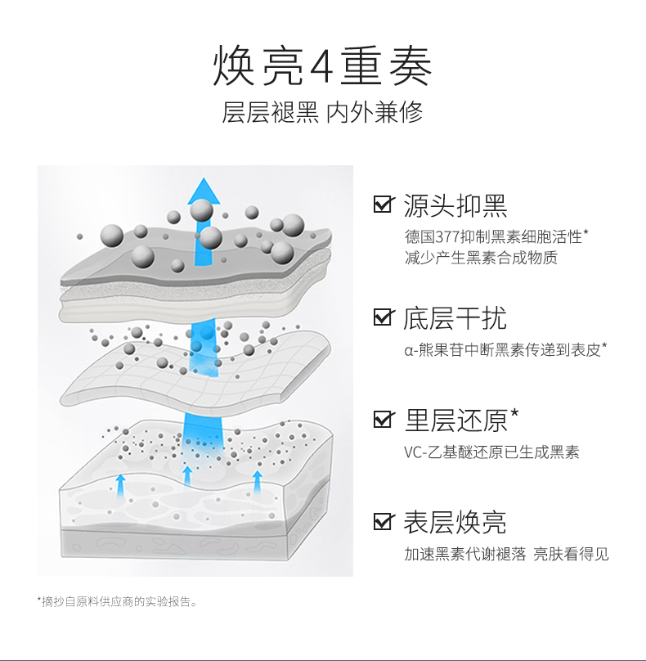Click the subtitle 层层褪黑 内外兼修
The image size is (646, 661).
click(322, 113)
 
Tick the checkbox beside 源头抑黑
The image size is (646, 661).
click(382, 205)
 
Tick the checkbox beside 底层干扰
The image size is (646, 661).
click(382, 317)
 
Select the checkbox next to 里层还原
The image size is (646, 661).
click(382, 420)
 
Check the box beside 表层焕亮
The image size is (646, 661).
click(382, 521)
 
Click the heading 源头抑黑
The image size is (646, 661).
click(455, 205)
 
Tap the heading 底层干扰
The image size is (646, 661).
click(455, 317)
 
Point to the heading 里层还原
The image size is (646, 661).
click(455, 420)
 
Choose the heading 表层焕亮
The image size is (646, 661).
click(455, 521)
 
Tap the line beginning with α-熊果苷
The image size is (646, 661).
click(505, 350)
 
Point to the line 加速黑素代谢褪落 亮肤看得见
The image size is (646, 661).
click(506, 555)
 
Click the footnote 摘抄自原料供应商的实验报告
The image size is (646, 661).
click(118, 602)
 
